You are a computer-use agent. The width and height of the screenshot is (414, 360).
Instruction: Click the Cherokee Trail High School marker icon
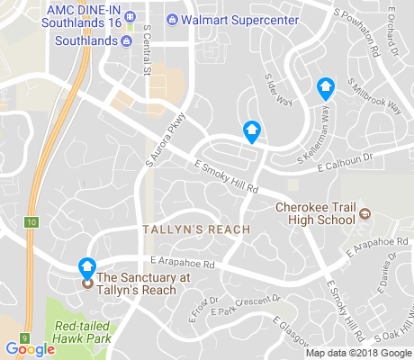click(x=365, y=213)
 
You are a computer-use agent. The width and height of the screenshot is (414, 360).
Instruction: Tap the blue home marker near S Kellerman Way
click(x=326, y=88)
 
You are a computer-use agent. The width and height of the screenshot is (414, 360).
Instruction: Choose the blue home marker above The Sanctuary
click(x=87, y=267)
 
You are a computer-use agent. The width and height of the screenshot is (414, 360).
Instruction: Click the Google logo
click(x=30, y=349)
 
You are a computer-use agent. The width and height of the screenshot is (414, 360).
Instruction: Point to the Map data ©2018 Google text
click(x=358, y=351)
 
